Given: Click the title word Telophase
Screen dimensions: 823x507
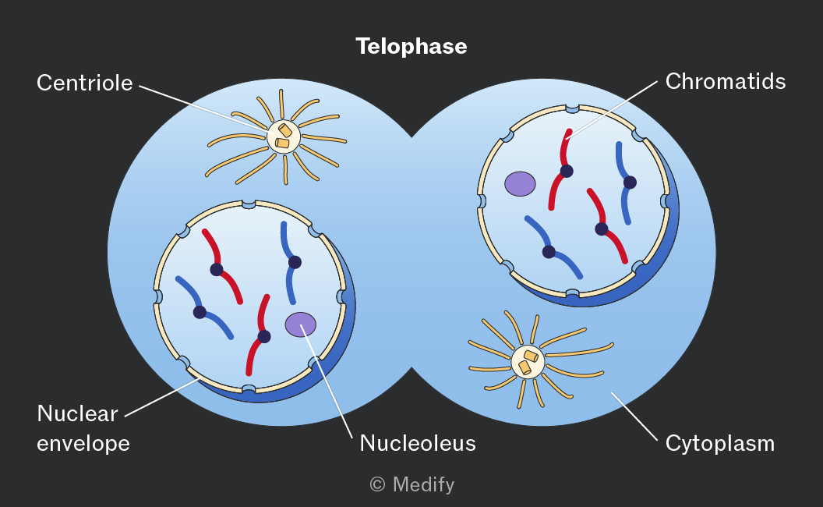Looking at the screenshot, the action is coord(411,46).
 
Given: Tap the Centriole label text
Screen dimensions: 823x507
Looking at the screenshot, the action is coord(84,83).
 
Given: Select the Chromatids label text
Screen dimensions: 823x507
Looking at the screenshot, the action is coord(726,81).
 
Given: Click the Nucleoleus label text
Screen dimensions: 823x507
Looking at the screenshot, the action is coord(418,443).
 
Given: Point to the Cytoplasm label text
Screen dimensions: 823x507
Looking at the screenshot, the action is coord(719,443).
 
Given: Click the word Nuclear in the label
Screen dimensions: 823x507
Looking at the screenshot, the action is coord(78,413).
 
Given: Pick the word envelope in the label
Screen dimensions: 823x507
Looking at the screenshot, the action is coord(83,443).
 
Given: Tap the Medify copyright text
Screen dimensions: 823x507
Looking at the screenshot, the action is coord(412,484).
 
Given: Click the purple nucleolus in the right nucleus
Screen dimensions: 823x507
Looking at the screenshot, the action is coord(520,184).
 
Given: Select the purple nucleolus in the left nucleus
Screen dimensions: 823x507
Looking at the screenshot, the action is coord(301,324).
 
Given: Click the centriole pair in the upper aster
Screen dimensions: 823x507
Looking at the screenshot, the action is coord(284,136).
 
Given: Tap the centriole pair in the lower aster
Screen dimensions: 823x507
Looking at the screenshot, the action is coord(528,361).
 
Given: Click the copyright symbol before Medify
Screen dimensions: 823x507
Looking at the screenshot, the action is coord(377,484).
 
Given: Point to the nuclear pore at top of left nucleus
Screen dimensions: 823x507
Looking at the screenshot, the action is coord(249,204).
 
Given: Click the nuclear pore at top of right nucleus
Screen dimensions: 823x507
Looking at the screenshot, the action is coord(573,108).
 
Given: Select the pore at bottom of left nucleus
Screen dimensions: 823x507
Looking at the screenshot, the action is coord(249,389).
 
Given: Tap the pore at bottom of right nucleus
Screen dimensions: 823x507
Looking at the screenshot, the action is coord(573,294).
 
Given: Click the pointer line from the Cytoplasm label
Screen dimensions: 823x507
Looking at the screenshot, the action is coord(634,416).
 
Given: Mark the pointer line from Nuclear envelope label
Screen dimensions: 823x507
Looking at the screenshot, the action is coord(163,397).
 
